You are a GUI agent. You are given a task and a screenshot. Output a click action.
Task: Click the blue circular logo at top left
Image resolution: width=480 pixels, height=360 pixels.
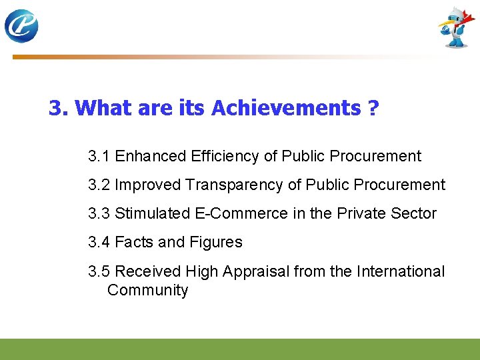[x=21, y=26]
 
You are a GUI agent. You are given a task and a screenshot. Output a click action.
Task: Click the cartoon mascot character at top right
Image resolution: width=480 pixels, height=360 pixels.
[x=456, y=28]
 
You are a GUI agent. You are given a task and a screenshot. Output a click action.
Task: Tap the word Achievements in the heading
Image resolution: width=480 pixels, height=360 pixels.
[x=286, y=108]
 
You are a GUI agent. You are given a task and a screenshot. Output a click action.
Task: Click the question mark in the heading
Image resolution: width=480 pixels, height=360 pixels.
[x=373, y=108]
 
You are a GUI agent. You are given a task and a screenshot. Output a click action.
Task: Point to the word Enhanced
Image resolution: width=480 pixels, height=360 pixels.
[x=150, y=157]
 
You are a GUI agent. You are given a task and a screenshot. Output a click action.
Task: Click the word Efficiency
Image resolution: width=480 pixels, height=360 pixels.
[x=224, y=157]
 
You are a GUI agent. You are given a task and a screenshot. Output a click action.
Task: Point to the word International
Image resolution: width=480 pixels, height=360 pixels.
[x=401, y=271]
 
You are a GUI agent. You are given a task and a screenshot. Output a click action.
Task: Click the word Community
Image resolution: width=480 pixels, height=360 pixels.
[x=147, y=291]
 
